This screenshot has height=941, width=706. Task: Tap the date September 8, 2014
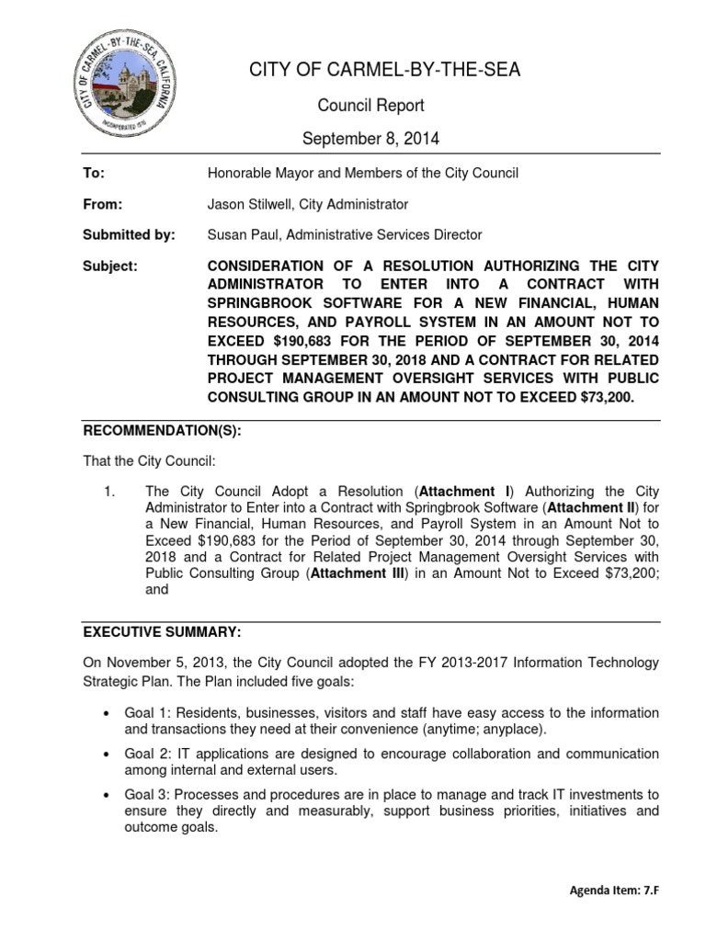[372, 140]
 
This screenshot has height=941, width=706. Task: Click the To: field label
[95, 173]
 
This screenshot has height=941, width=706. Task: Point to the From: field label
[103, 204]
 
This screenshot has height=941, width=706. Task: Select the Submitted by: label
[130, 235]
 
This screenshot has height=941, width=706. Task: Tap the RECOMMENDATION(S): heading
[163, 430]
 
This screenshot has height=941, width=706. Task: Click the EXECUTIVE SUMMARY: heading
[163, 633]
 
